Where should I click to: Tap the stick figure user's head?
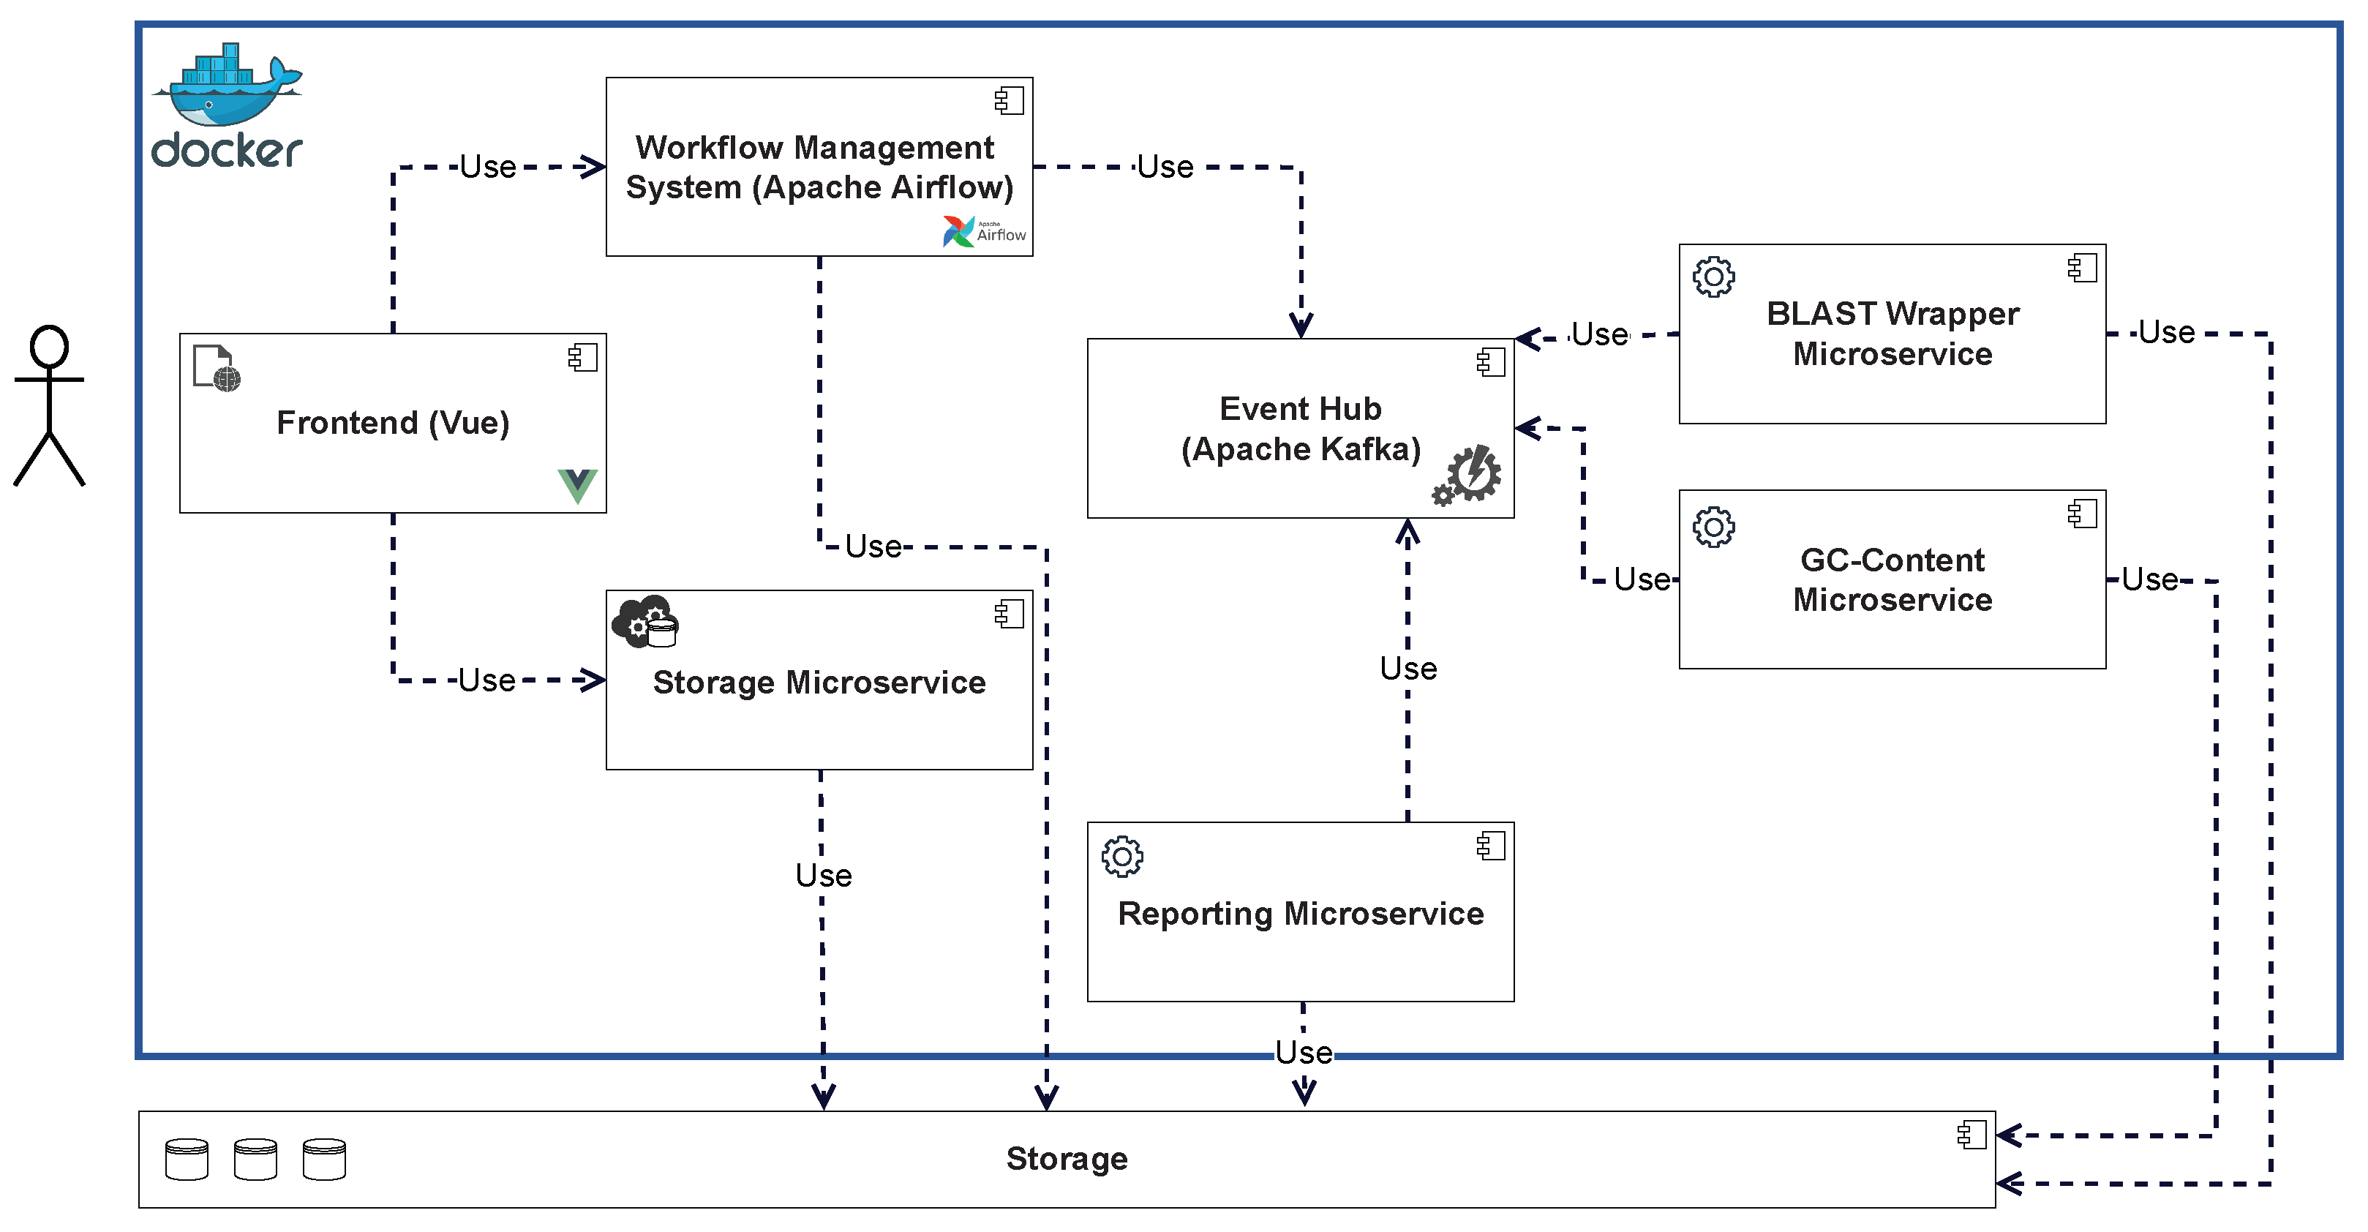point(49,347)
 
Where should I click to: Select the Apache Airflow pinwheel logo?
point(958,232)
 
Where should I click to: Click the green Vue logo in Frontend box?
point(577,484)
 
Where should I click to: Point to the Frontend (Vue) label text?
point(393,423)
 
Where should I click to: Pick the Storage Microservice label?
point(819,682)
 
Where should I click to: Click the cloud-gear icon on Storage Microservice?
point(645,622)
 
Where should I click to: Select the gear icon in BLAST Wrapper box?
point(1713,277)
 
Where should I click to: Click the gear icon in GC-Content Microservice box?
point(1713,527)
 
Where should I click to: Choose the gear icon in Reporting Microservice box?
point(1121,857)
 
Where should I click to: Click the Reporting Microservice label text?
point(1301,914)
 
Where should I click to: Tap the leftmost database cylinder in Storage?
point(187,1160)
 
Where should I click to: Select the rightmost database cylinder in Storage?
point(325,1160)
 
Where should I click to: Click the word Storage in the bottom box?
point(1067,1158)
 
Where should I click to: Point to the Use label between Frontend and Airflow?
point(488,168)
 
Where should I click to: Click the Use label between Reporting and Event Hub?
point(1408,669)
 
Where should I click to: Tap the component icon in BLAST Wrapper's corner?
point(2082,268)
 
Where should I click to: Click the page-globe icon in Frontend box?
point(217,369)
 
